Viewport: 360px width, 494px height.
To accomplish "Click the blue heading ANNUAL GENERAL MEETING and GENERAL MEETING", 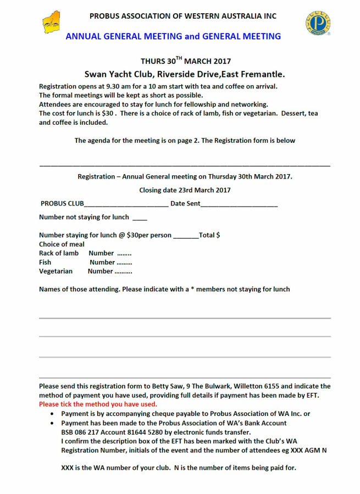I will (x=173, y=36).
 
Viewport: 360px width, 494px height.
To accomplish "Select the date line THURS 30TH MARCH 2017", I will (x=186, y=61).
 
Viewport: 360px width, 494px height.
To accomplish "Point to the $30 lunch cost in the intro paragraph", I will (x=107, y=113).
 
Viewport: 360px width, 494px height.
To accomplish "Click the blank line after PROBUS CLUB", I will (x=126, y=205).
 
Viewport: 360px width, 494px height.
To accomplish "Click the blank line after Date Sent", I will (x=239, y=205).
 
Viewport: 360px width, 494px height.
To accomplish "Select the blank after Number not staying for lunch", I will (x=140, y=218).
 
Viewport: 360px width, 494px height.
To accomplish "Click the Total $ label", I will (x=209, y=235).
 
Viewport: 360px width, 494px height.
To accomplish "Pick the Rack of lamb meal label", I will (x=59, y=253).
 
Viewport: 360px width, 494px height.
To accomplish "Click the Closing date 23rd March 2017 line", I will (x=185, y=190).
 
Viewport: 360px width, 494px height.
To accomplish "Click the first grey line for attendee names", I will (x=185, y=318).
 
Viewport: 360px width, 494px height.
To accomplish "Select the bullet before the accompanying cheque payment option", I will (x=52, y=414).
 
